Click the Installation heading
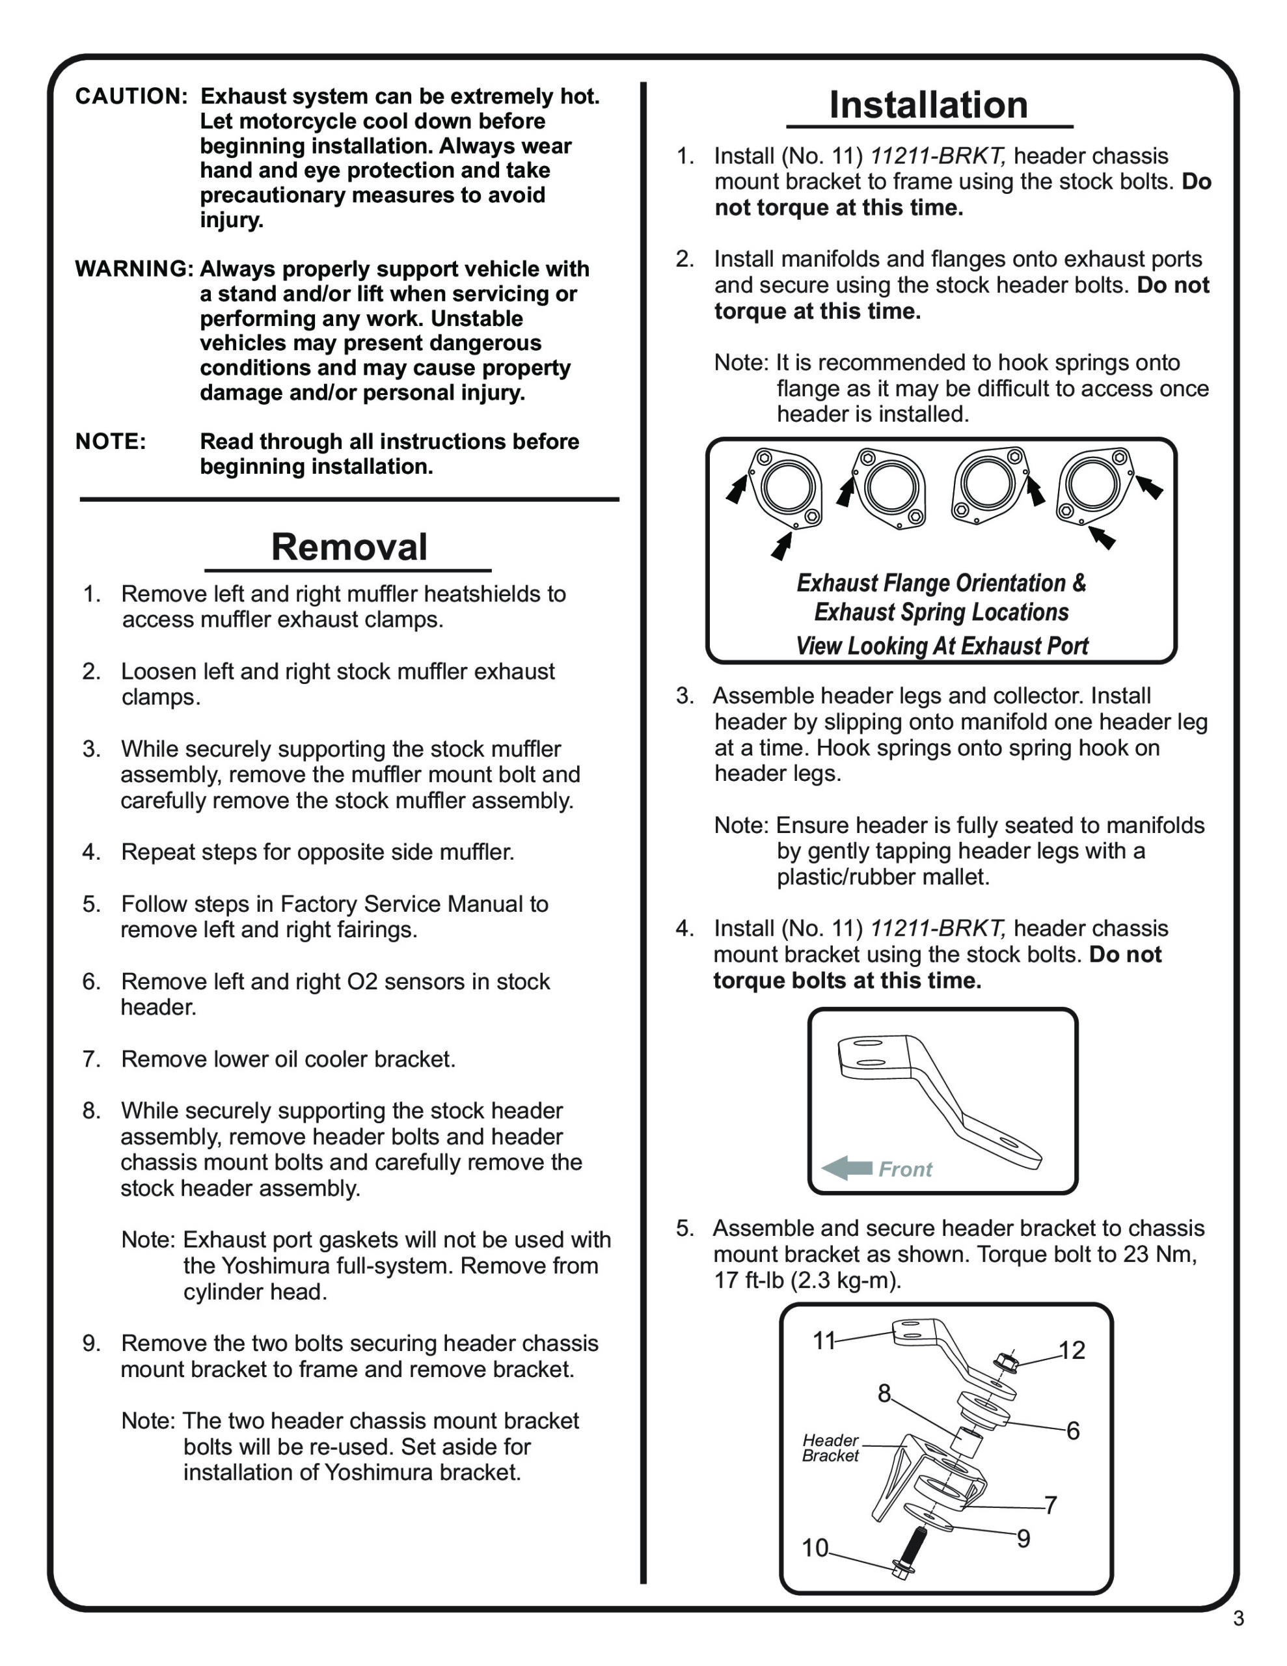click(x=928, y=105)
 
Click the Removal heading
click(x=349, y=547)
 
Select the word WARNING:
click(x=134, y=269)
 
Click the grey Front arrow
click(x=847, y=1168)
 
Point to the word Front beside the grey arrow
click(x=905, y=1169)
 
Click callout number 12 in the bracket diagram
click(x=1072, y=1350)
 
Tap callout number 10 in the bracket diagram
click(x=814, y=1548)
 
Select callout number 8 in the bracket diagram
click(x=884, y=1394)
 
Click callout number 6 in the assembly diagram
click(x=1073, y=1430)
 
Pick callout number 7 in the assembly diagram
click(x=1051, y=1505)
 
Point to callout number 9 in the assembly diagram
click(x=1023, y=1538)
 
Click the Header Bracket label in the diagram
click(x=830, y=1448)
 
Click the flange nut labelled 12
click(x=1005, y=1362)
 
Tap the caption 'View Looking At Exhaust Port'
click(x=942, y=646)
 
